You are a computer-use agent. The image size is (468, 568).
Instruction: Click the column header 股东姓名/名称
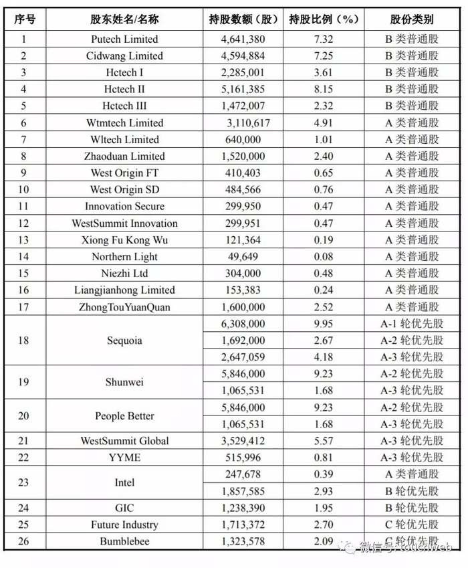(124, 19)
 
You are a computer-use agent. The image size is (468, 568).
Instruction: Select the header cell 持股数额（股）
(243, 19)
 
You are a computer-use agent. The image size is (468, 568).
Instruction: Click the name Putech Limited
(124, 39)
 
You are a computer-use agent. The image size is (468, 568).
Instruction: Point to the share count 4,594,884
(243, 56)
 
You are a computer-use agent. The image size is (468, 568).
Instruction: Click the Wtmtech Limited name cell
(124, 123)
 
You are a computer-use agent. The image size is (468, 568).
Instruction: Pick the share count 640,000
(243, 140)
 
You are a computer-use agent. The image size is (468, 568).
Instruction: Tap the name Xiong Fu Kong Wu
(124, 240)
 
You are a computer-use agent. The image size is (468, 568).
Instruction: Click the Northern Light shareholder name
(124, 257)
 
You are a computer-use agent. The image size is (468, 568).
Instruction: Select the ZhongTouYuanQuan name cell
(124, 307)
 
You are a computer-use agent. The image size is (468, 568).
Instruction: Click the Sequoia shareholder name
(124, 341)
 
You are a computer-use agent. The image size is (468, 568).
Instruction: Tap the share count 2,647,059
(243, 357)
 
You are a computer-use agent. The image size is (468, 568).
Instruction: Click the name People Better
(124, 416)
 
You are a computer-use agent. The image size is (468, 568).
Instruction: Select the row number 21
(23, 441)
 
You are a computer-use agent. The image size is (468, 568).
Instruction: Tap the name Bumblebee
(124, 541)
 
